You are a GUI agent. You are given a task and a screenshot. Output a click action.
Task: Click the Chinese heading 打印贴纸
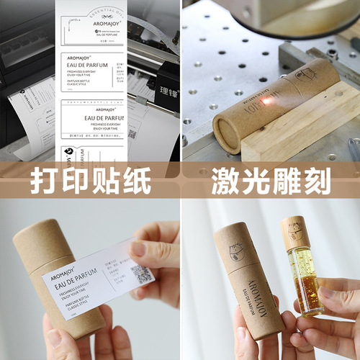89,180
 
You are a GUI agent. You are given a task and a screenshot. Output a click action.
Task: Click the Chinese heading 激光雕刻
270,180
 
